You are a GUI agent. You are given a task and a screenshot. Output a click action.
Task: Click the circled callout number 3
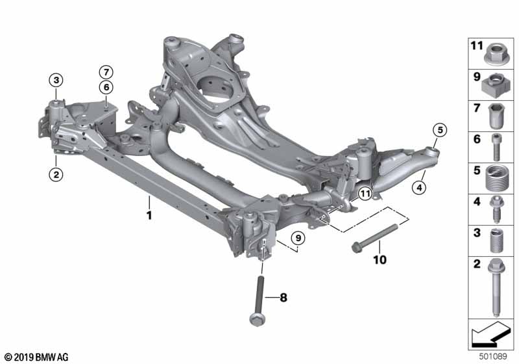tap(56, 80)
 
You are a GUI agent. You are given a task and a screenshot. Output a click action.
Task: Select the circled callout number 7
tap(106, 72)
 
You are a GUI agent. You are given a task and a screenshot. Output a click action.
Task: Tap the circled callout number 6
tap(106, 87)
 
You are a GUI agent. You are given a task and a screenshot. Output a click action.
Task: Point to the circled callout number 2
tap(56, 174)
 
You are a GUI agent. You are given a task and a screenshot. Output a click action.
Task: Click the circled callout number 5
tap(440, 130)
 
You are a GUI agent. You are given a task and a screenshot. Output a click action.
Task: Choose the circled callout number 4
tap(419, 188)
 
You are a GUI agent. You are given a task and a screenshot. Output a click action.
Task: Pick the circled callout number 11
tap(365, 193)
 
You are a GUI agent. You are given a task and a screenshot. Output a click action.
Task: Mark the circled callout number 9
tap(298, 238)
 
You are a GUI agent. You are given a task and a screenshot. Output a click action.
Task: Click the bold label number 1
tap(149, 216)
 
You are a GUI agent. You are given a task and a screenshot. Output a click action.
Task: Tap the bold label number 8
tap(284, 298)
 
